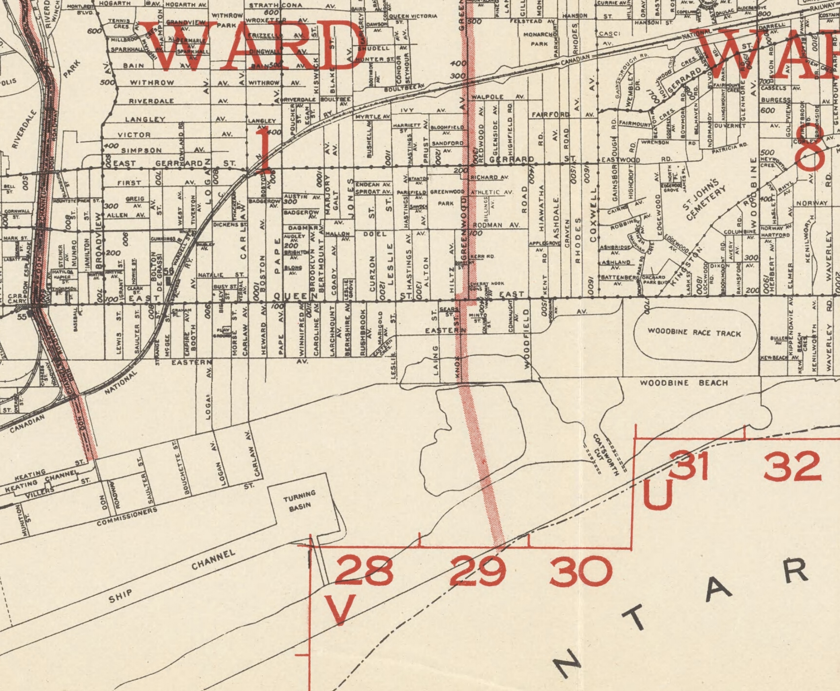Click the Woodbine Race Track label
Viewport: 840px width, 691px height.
pos(693,332)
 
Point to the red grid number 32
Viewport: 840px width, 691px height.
pos(792,466)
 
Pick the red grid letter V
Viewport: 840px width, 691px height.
pos(340,609)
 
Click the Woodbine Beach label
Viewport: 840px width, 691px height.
pos(683,383)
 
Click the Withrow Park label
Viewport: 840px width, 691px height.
pos(226,20)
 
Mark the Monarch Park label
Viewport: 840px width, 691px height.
pos(539,39)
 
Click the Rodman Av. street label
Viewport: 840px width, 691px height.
pos(496,225)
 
